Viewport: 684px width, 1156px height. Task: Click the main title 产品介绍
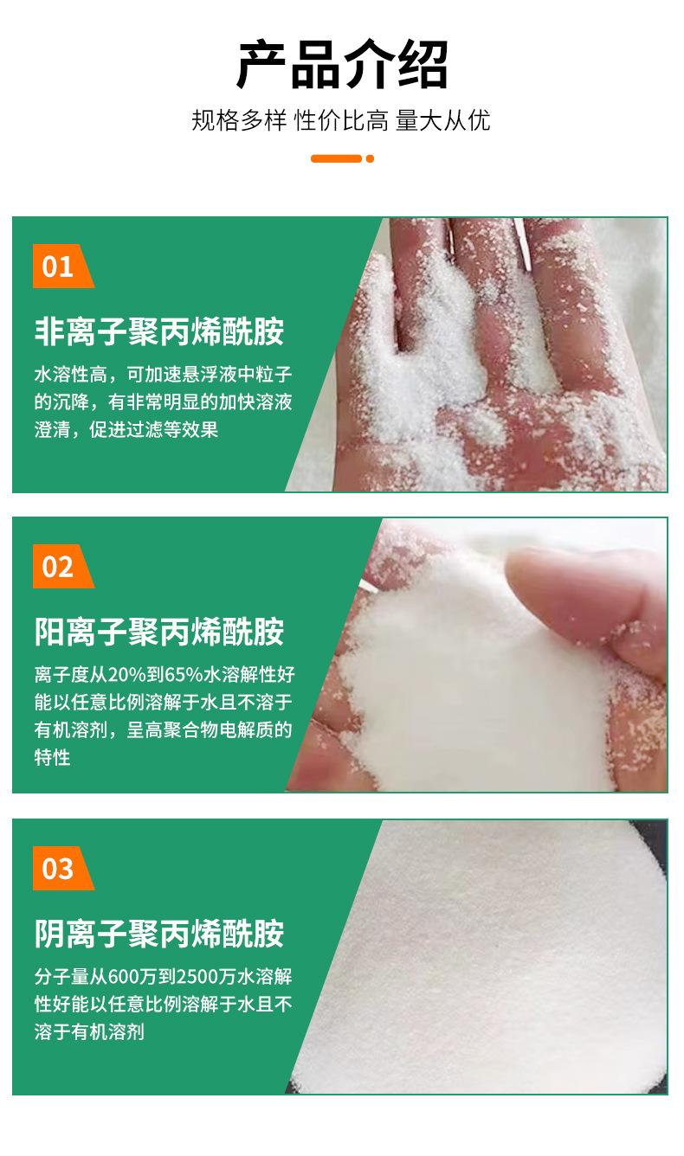coord(342,65)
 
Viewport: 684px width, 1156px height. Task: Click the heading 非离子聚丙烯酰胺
coord(159,331)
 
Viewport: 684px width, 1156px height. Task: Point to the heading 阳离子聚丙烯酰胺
coord(159,632)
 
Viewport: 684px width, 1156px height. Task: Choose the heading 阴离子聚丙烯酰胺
coord(159,934)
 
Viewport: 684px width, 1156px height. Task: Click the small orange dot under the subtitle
coord(370,158)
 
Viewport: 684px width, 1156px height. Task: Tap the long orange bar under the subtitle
coord(336,158)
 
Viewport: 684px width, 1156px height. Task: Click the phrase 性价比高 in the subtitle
coord(341,121)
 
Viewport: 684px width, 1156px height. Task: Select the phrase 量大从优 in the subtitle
coord(442,121)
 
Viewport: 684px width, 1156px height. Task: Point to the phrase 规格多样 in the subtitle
coord(238,121)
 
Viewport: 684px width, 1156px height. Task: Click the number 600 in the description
coord(123,976)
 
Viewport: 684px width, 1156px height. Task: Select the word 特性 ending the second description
coord(52,758)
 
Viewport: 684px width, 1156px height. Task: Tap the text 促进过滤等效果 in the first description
coord(154,429)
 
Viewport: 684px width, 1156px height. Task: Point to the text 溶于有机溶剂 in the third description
coord(89,1032)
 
